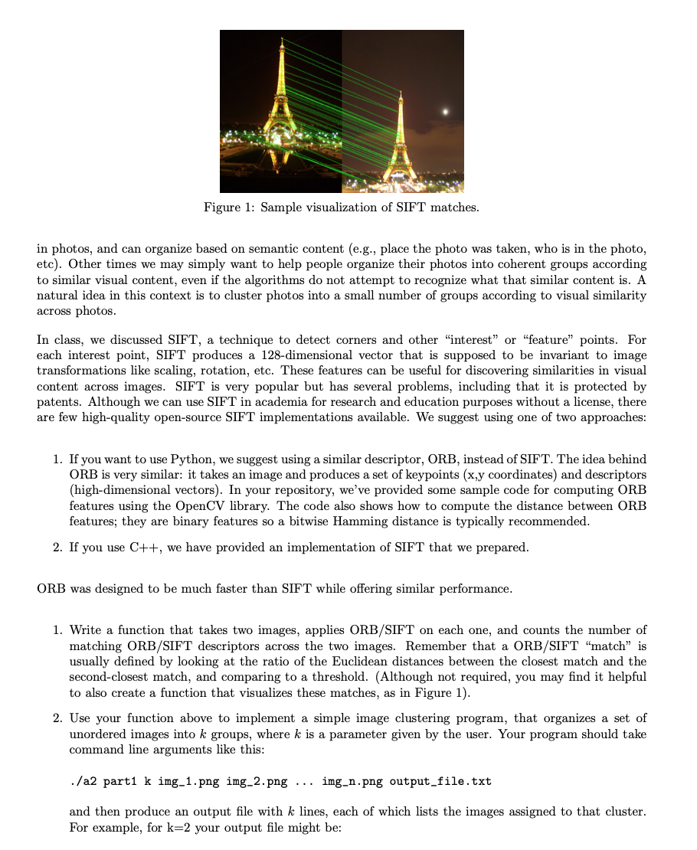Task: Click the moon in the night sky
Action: (445, 112)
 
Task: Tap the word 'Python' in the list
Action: (191, 459)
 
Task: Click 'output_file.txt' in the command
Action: (440, 781)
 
